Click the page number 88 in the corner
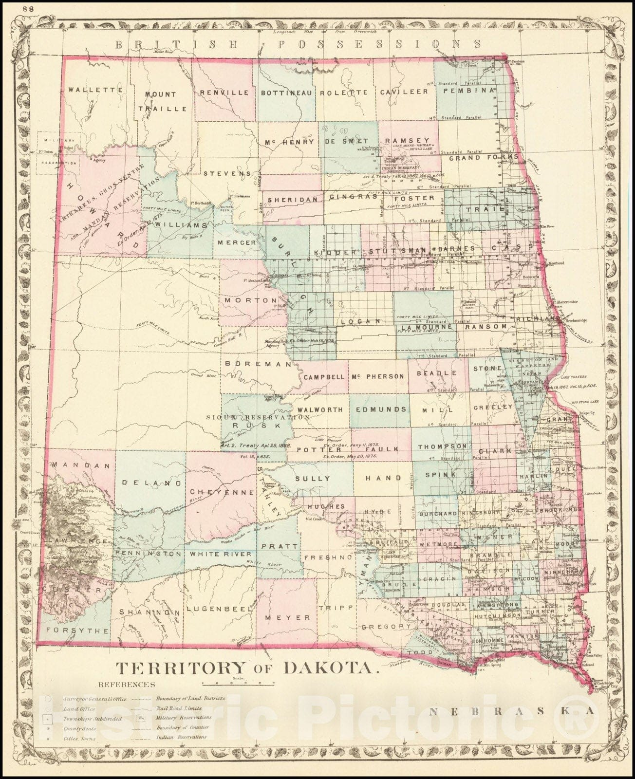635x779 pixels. [x=15, y=8]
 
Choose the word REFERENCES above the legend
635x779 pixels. [x=127, y=684]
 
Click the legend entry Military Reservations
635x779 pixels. [x=184, y=717]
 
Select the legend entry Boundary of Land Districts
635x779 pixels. [x=190, y=698]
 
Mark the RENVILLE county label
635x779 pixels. [x=224, y=92]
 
